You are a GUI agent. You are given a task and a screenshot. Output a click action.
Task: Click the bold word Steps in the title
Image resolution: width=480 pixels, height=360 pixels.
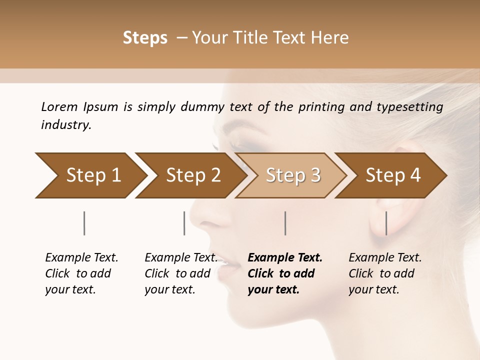tap(145, 37)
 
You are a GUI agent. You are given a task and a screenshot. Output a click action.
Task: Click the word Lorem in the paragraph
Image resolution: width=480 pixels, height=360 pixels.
tap(59, 106)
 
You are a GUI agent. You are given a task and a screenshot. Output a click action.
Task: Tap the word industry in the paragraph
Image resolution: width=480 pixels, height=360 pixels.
tap(66, 124)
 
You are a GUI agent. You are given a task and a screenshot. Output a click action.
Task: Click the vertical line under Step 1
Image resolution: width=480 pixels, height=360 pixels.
tap(84, 223)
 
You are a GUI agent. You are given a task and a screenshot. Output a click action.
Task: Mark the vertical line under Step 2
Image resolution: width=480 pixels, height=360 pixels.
tap(184, 223)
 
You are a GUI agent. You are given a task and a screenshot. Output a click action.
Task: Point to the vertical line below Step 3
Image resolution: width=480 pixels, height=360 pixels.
tap(285, 223)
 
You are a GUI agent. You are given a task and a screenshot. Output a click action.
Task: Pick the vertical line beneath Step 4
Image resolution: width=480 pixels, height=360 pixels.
tap(386, 223)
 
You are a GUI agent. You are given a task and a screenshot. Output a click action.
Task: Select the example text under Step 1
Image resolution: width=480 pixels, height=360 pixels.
tap(81, 273)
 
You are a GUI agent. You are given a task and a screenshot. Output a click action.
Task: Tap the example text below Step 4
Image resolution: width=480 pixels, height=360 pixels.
tap(385, 273)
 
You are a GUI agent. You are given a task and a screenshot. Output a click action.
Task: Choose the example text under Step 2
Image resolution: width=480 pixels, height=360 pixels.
tap(181, 273)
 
